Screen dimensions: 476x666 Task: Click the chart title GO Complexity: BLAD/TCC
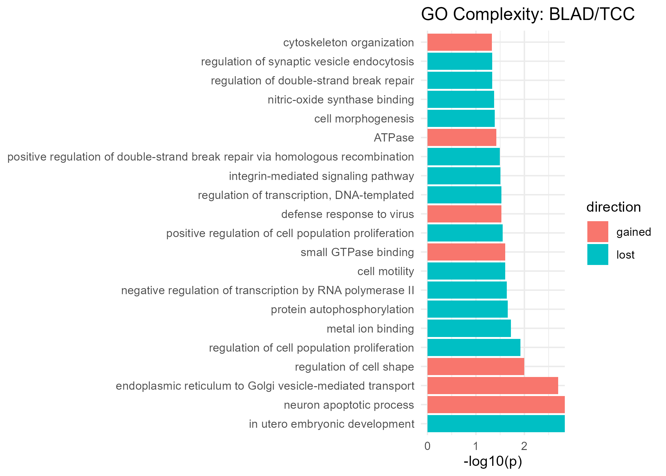pos(528,15)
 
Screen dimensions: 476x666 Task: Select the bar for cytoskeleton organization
pos(460,42)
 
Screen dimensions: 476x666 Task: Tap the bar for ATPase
pos(462,137)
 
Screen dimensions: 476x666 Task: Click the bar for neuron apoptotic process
pos(496,405)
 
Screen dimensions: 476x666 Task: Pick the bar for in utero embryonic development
pos(496,424)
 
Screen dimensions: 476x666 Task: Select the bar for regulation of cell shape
pos(476,367)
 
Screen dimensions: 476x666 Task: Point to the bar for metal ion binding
pos(469,328)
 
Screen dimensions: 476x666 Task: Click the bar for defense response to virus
pos(464,214)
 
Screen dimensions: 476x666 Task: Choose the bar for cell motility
pos(466,271)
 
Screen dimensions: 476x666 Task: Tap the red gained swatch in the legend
pos(597,232)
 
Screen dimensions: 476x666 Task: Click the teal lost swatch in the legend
pos(597,255)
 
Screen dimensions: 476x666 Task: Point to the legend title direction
pos(613,207)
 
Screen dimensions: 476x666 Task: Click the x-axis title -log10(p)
pos(493,462)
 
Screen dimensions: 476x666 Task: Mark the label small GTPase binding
pos(357,252)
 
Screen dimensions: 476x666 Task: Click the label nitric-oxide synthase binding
pos(341,100)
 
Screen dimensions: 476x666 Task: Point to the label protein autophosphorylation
pos(342,309)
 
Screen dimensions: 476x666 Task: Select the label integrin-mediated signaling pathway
pos(321,176)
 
